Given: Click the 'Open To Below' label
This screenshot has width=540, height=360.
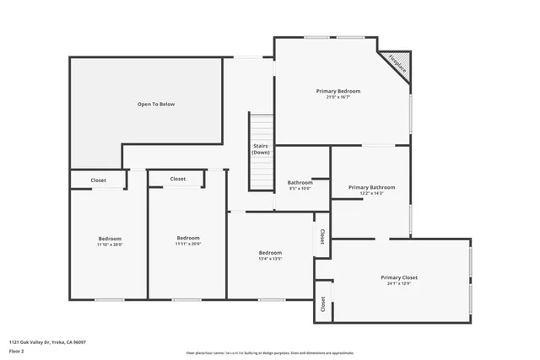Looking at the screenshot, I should [x=156, y=104].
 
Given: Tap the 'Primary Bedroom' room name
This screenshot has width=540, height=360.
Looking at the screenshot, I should [x=338, y=90].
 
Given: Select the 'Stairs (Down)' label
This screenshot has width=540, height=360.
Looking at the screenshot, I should [x=261, y=149].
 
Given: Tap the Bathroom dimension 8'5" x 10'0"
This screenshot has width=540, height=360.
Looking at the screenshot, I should [x=300, y=189].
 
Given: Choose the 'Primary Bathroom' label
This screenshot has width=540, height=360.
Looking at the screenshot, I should [x=371, y=187].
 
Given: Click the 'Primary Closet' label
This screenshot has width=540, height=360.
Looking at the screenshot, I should [x=399, y=277].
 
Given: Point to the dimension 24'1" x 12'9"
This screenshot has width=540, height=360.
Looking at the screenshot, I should [x=399, y=284].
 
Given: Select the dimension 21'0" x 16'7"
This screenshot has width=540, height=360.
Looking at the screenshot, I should [x=338, y=97].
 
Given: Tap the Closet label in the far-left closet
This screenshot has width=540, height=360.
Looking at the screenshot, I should [x=98, y=180].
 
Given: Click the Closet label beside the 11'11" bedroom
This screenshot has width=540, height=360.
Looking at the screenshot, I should [x=178, y=179].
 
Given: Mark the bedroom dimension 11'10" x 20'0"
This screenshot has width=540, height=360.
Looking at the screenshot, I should [x=110, y=244].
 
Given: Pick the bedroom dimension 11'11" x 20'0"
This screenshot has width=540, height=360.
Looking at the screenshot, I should [x=188, y=244].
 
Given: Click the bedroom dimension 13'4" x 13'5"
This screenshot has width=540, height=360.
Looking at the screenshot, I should [x=270, y=260].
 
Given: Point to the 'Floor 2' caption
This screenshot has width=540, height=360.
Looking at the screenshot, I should [x=17, y=350].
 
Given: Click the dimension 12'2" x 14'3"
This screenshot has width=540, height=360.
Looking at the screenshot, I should [x=371, y=194].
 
